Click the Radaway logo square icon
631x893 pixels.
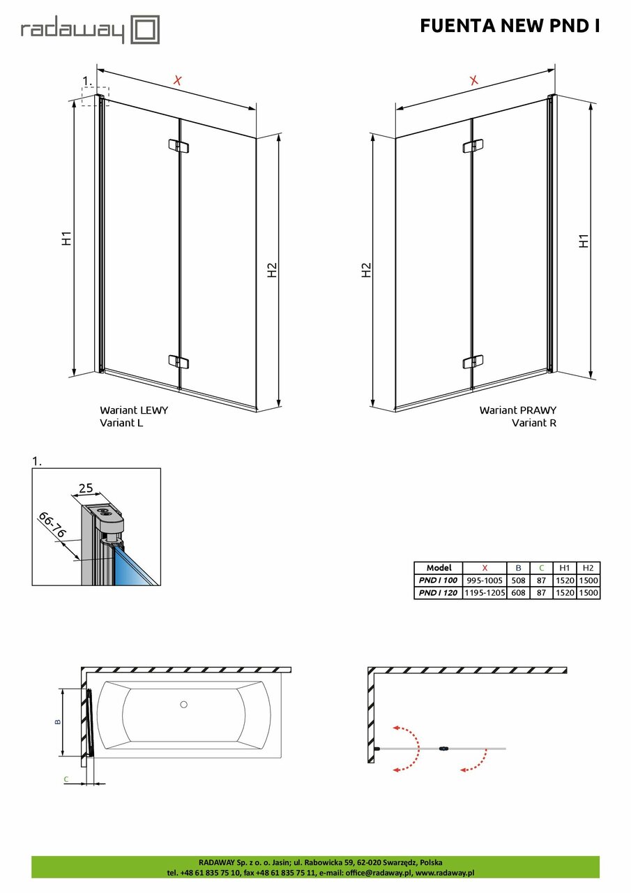tap(145, 29)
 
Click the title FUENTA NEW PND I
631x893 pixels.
tap(510, 26)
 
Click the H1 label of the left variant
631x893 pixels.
tap(66, 238)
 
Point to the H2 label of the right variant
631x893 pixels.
tap(366, 270)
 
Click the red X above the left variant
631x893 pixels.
tap(177, 81)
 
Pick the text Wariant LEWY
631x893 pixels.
tap(134, 410)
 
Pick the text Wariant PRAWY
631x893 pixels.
tap(517, 410)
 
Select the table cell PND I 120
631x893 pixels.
tap(437, 592)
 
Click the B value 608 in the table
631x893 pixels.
tap(518, 592)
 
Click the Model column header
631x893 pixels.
tap(438, 568)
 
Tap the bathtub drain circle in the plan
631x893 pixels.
tap(183, 705)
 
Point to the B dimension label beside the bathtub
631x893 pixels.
tap(58, 721)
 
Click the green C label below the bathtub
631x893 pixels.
tap(66, 778)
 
